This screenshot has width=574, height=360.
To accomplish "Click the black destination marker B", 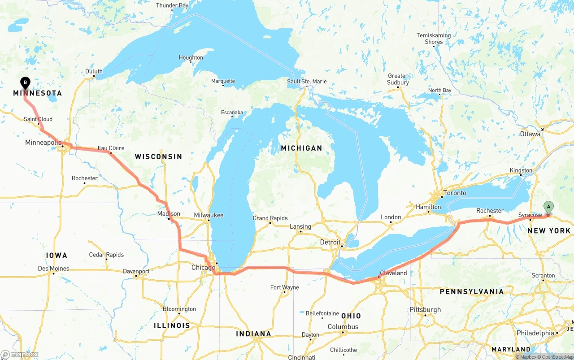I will [x=26, y=82].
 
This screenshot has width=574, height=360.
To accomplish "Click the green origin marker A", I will [x=548, y=207].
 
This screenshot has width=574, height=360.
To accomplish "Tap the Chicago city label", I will [x=203, y=268].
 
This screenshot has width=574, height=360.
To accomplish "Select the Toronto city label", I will [x=454, y=193].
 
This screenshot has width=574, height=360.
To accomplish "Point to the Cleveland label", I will [x=393, y=273].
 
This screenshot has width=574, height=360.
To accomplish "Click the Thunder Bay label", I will [x=172, y=6].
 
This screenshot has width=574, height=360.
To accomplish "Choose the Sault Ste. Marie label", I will [x=307, y=82].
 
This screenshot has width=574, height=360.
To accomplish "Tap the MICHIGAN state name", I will [x=301, y=148].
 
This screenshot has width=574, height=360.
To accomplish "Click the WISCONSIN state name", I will [x=158, y=156].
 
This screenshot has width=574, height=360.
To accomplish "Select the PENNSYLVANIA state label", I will [x=471, y=292].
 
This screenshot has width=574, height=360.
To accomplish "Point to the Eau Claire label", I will [x=111, y=148].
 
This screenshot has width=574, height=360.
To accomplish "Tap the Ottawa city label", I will [x=530, y=134].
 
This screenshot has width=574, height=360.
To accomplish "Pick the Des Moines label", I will [x=53, y=269].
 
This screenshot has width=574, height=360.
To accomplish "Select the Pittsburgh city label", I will [x=425, y=310].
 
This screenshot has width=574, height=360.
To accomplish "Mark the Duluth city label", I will [x=94, y=71].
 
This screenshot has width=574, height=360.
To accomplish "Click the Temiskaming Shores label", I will [x=434, y=39].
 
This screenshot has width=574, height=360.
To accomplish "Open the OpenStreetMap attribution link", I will [x=557, y=357].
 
